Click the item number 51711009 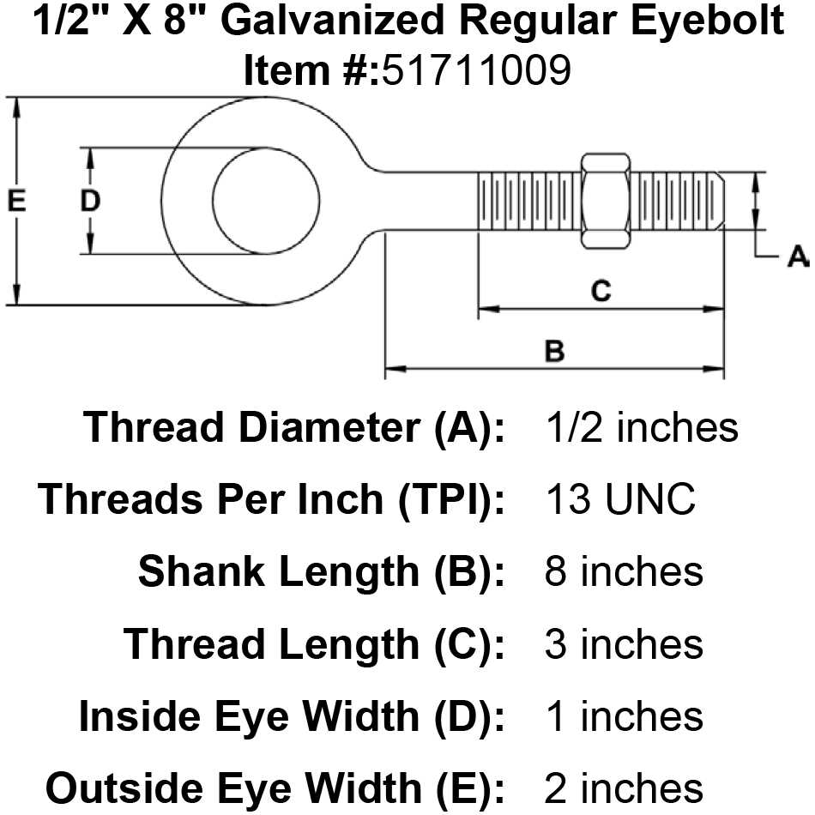tap(476, 72)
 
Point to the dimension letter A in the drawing tap(797, 256)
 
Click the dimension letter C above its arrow tap(601, 291)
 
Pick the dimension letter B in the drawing tap(555, 351)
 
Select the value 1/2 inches tap(641, 426)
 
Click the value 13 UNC tap(619, 499)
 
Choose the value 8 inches tap(624, 571)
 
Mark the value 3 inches tap(624, 643)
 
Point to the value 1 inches tap(624, 715)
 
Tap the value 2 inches tap(624, 788)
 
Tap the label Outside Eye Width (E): tap(275, 788)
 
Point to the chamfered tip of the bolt tap(719, 202)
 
